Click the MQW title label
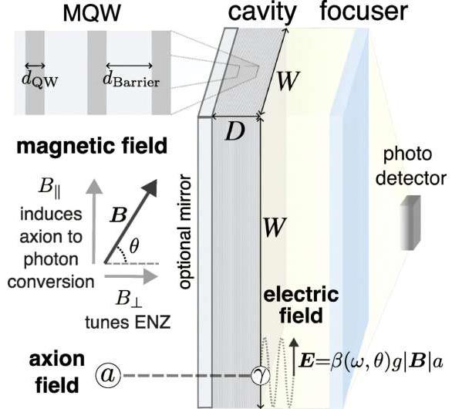coord(92,13)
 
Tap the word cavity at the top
coord(262,12)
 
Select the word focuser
coord(364,12)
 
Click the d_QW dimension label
coord(40,79)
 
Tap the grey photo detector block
coord(410,222)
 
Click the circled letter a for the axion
coord(108,376)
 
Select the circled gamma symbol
coord(261,376)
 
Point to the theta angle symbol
coord(134,246)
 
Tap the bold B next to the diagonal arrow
coord(118,215)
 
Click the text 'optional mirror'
coord(185,231)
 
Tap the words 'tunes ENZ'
coord(128,322)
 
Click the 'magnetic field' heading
coord(92,146)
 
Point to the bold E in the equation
coord(306,362)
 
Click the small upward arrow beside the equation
coord(293,357)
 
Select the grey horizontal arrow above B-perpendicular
coord(131,276)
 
